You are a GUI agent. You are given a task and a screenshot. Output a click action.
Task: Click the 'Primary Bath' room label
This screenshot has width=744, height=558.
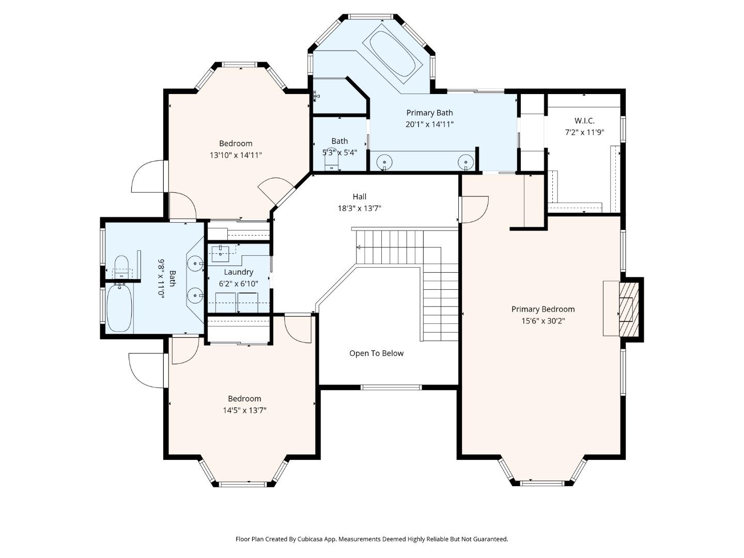(x=429, y=113)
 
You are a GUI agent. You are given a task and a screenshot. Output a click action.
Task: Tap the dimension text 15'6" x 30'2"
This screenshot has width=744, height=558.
(x=542, y=321)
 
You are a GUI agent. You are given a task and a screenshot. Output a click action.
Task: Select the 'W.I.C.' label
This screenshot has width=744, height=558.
(x=584, y=120)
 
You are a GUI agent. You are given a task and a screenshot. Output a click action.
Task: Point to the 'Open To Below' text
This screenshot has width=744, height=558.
(x=376, y=353)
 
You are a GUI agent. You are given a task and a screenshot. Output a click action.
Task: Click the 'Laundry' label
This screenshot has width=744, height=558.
(x=238, y=272)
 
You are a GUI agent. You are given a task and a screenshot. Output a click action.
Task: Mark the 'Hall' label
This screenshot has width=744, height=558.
(x=359, y=196)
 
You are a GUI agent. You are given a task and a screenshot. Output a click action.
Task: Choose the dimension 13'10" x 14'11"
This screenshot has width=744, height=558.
(x=236, y=155)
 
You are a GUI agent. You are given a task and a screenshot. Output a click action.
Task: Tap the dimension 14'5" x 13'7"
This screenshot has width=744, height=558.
(x=244, y=411)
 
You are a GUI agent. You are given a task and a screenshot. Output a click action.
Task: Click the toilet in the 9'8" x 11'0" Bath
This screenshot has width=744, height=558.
(x=121, y=267)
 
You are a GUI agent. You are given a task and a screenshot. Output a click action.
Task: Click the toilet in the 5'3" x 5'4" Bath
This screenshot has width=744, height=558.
(x=330, y=161)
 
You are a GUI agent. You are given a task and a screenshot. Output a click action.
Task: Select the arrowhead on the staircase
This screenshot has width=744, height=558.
(x=358, y=247)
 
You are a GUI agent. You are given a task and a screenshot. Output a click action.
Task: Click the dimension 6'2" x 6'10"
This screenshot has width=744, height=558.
(x=238, y=284)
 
